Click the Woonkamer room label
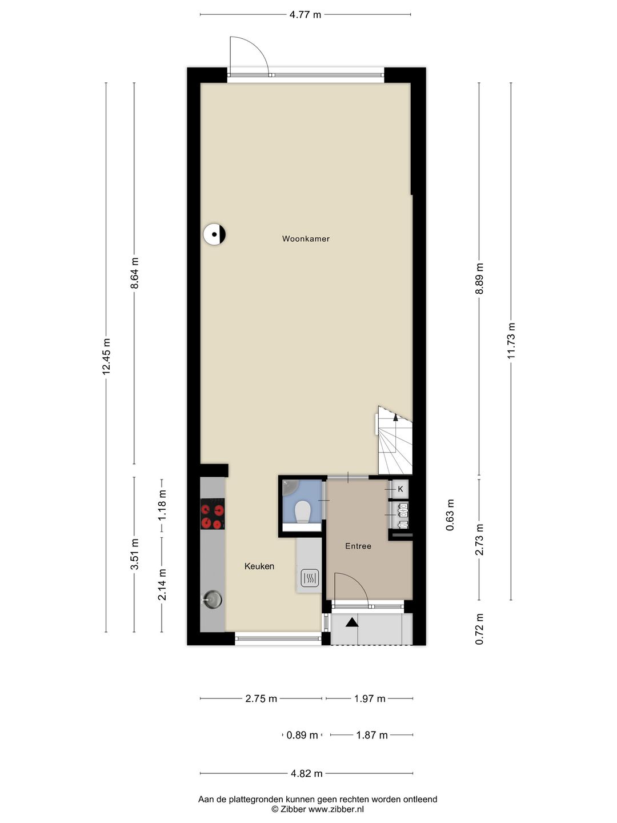306,239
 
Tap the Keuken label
259,566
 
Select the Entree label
358,546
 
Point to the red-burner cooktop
212,514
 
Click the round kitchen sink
213,599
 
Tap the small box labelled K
400,489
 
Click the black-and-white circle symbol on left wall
214,234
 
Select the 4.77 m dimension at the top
305,15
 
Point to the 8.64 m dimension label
135,273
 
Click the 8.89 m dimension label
479,278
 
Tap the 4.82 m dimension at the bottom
306,774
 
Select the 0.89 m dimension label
302,736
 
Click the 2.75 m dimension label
261,699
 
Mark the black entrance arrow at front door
352,622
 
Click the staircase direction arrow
396,417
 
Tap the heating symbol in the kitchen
309,578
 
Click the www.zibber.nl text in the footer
336,809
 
